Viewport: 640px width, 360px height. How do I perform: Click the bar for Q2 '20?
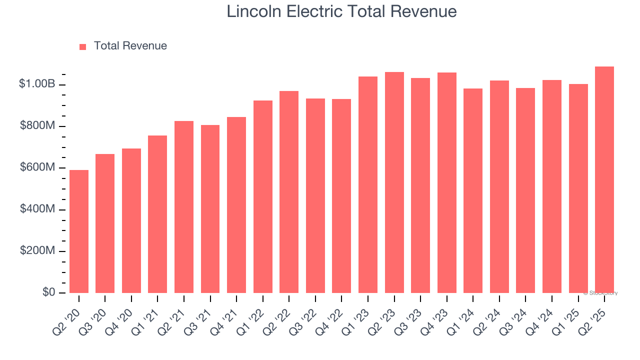79,231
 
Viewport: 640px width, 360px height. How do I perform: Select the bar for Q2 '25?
604,180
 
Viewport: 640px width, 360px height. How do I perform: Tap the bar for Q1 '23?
368,185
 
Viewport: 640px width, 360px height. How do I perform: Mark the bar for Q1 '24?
473,191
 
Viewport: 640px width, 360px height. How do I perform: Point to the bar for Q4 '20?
131,220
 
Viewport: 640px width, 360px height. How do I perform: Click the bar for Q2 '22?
289,192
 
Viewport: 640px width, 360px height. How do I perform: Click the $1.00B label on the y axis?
37,84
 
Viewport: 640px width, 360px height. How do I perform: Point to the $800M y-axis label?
37,126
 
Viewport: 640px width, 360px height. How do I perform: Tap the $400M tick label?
37,209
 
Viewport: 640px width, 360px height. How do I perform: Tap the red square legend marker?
83,47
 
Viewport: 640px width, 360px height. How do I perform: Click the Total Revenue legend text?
130,46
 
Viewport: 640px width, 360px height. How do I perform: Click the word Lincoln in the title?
254,11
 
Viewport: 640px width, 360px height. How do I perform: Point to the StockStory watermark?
600,293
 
